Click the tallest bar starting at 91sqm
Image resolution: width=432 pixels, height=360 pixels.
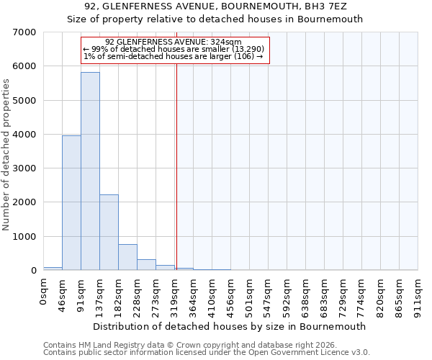pos(90,171)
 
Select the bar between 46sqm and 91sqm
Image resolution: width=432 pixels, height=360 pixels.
pos(71,203)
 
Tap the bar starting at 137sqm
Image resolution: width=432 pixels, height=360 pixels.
pos(109,233)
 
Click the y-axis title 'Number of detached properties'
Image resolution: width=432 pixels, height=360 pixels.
pos(6,156)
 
